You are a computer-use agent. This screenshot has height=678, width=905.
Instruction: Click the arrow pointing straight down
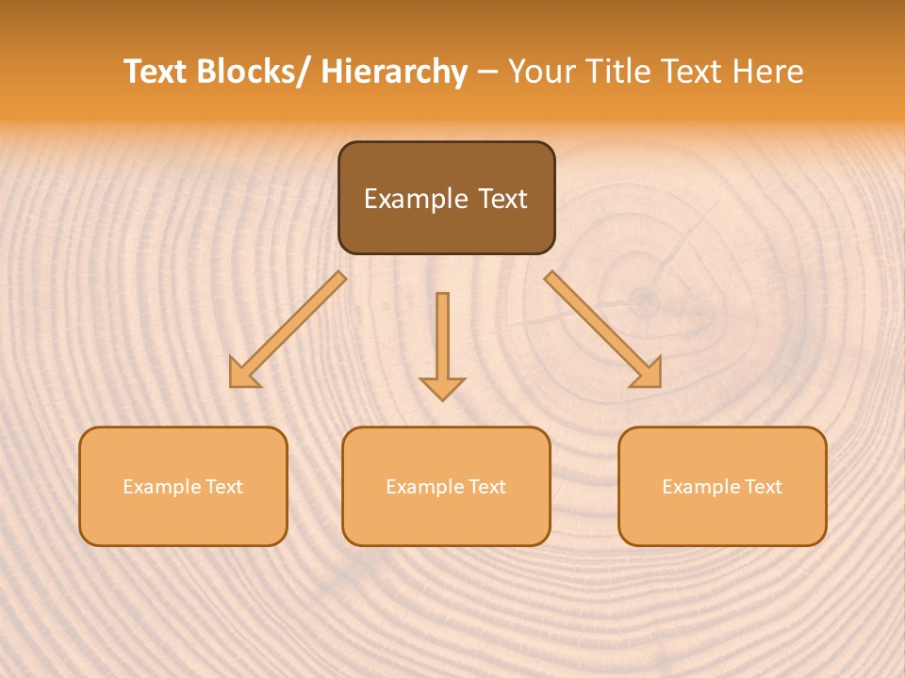442,345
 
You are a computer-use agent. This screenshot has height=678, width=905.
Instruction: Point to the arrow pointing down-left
288,330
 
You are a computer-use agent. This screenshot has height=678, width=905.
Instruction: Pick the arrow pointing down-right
602,330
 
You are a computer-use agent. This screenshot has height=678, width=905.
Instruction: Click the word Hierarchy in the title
394,72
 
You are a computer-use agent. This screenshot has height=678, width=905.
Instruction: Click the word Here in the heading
768,72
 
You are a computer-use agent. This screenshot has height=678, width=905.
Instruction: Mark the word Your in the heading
540,72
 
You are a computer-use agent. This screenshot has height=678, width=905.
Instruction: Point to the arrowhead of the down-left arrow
244,373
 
